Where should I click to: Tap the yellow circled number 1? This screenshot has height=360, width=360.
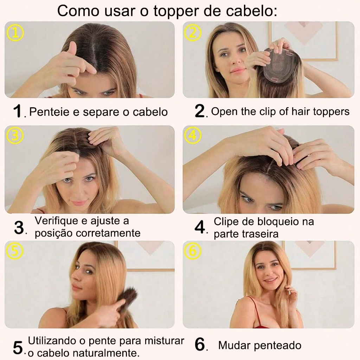coord(15,33)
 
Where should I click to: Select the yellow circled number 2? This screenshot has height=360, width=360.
coord(193,32)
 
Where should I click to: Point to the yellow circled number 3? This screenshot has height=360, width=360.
coord(15,135)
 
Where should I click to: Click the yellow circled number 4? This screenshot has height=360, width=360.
coord(193,135)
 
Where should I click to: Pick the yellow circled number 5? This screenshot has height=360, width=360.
coord(15,251)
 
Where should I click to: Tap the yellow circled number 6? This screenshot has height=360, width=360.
coord(193,251)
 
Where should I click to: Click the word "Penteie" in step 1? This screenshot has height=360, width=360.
coord(49,112)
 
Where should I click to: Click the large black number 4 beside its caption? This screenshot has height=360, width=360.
coord(200,227)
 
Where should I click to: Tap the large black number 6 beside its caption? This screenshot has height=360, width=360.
coord(200,345)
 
